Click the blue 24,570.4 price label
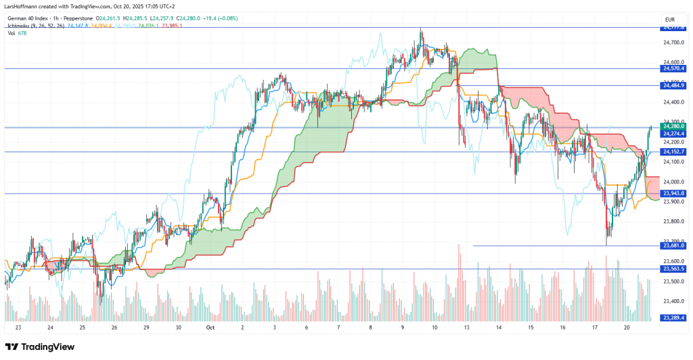[673, 68]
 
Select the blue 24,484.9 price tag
[673, 85]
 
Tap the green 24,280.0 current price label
[673, 126]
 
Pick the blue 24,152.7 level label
[673, 152]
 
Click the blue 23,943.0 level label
[673, 194]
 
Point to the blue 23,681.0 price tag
[673, 246]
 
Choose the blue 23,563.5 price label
[673, 269]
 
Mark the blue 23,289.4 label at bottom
[673, 317]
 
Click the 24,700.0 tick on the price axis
[673, 42]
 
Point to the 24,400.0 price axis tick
[673, 102]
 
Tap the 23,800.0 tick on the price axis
[673, 221]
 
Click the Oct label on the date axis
[210, 327]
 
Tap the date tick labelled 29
[146, 327]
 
